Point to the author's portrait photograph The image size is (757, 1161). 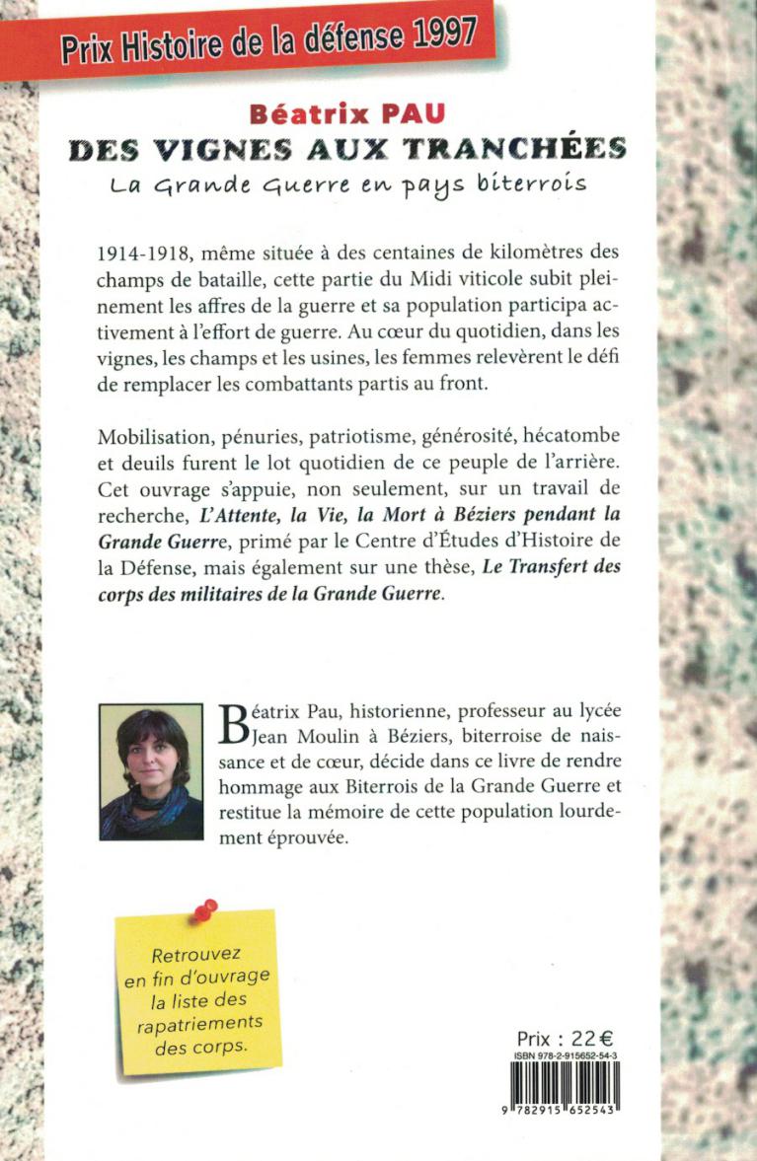tap(151, 770)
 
